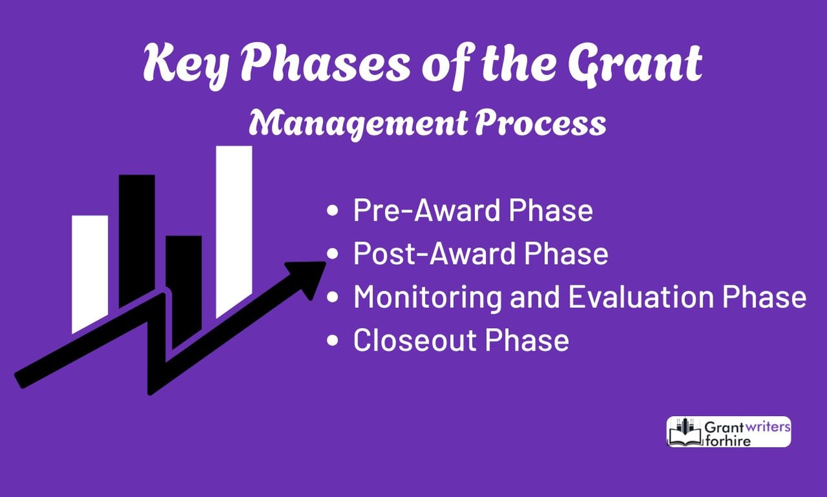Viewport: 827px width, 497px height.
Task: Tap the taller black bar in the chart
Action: point(137,239)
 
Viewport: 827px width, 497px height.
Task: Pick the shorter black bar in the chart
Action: point(184,278)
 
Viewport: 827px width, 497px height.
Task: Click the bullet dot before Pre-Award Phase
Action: point(333,212)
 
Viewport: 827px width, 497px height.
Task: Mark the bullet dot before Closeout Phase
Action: point(333,340)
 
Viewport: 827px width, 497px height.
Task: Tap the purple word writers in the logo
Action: point(766,426)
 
